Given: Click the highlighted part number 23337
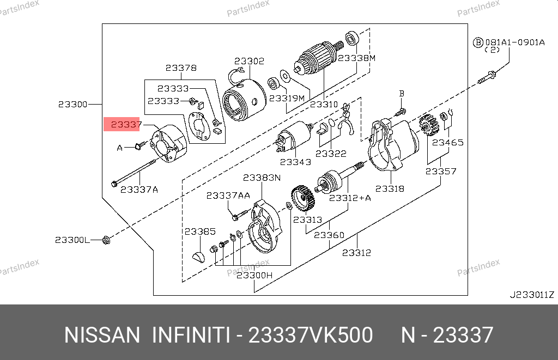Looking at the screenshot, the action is [126, 125].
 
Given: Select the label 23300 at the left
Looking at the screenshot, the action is [72, 104].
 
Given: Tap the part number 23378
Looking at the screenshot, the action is [181, 68].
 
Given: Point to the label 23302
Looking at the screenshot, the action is [249, 61].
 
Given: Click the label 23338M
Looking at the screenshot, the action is [356, 58].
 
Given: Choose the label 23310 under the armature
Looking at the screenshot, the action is [324, 104].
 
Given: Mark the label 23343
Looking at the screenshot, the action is [295, 162].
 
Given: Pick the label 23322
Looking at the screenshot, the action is [331, 154].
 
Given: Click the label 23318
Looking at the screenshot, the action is [390, 188].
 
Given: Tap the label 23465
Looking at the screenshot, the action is [448, 142].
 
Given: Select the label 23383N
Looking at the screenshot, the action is [262, 178].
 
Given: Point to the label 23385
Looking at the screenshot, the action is [200, 231].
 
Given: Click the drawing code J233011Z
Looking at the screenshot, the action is [532, 295].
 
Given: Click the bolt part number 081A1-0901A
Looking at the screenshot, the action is [515, 42].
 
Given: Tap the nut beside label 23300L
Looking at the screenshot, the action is [106, 240].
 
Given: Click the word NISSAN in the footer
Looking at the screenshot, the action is [102, 335].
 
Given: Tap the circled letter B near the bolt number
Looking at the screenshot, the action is [477, 42].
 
